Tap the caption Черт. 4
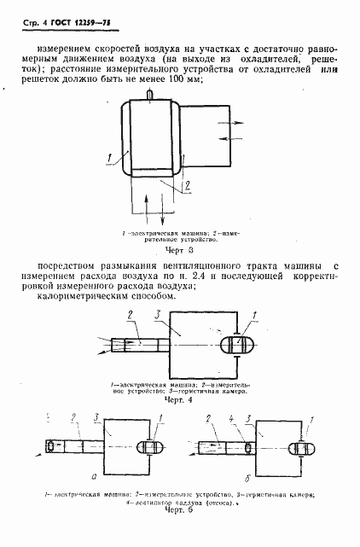point(175,399)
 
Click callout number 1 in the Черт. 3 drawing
point(109,155)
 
